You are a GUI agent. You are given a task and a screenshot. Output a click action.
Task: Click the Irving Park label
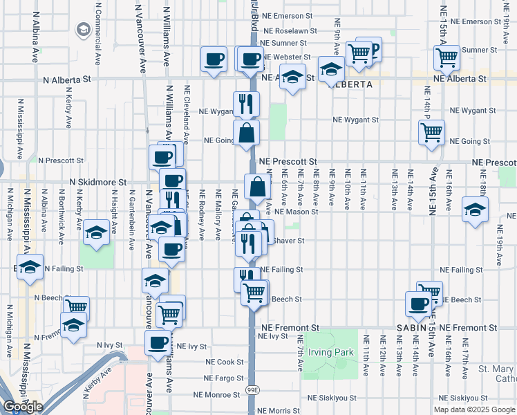330,353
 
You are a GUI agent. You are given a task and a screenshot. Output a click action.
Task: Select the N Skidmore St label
99,182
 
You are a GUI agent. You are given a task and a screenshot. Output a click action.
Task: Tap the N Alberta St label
67,80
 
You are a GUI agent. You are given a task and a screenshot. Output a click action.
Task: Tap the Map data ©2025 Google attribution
475,409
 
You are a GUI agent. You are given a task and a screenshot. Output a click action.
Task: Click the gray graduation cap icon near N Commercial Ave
84,30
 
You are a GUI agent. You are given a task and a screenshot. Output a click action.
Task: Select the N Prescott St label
61,160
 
